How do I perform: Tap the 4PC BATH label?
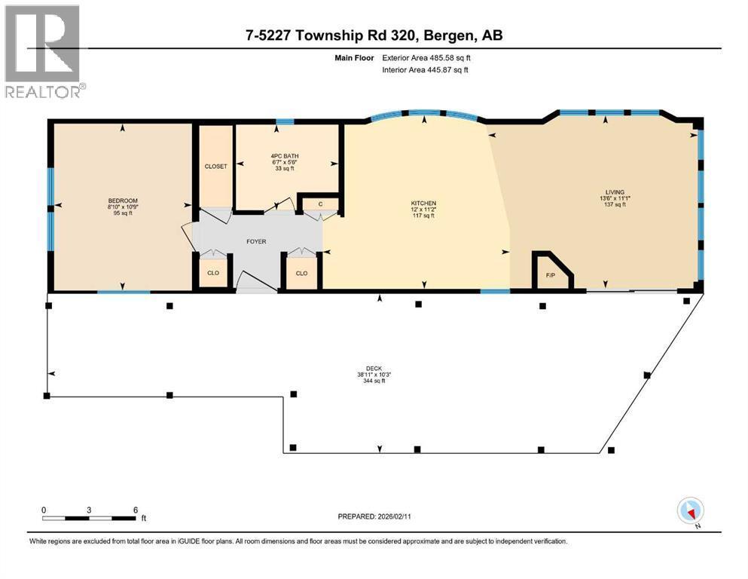tap(284, 157)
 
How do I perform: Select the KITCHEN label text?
tap(423, 203)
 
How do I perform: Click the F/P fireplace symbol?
tap(551, 274)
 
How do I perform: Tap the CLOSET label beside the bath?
tap(215, 166)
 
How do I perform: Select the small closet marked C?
tap(320, 204)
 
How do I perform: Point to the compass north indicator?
tap(690, 512)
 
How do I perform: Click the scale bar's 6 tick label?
tap(135, 510)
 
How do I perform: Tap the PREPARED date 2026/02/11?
tap(374, 516)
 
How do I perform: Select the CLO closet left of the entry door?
tap(213, 273)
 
